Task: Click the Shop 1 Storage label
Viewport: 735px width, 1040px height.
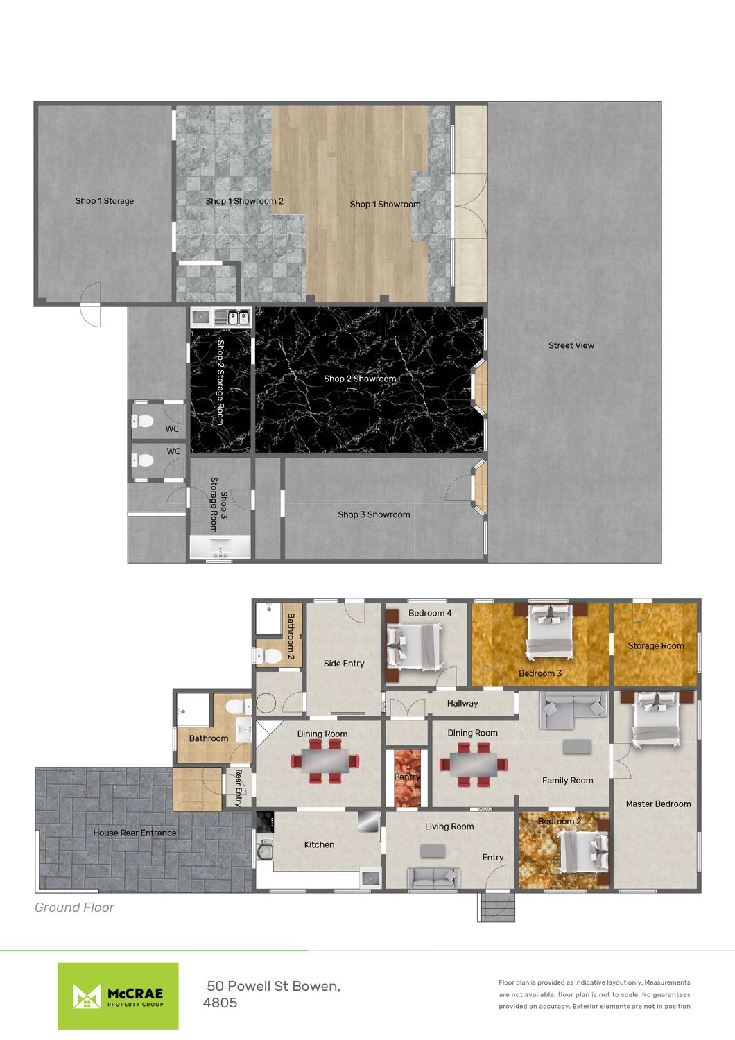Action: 105,201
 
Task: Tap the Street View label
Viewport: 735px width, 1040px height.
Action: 571,345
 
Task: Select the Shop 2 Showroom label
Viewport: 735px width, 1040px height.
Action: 360,379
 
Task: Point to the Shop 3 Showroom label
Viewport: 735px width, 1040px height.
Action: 374,514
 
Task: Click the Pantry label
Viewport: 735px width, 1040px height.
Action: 407,777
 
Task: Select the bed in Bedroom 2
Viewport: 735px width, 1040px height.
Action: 582,851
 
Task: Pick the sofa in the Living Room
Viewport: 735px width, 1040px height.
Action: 433,878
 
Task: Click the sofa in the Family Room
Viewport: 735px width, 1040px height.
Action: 573,710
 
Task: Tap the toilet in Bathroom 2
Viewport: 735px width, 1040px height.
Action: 268,656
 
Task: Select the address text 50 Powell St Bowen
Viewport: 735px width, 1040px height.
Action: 273,986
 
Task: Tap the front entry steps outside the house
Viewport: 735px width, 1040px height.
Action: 496,907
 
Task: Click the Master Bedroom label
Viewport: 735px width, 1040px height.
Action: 658,804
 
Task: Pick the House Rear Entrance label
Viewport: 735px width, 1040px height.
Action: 135,833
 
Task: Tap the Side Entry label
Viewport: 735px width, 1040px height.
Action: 344,664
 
